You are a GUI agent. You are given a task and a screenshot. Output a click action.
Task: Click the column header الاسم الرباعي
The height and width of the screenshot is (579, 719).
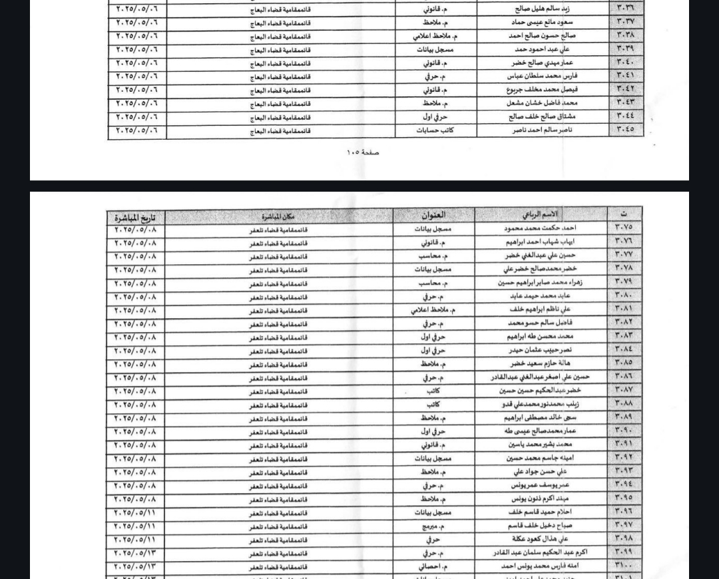coord(541,214)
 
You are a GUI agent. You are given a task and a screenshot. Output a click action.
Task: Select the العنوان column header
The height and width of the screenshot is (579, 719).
coord(433,215)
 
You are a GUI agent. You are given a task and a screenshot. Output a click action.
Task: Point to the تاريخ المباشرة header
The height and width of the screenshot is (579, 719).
coord(135,218)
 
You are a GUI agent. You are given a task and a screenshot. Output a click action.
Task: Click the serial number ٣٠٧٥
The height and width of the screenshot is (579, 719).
coord(624,228)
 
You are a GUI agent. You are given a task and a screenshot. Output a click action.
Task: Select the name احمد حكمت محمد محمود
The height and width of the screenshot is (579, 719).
coord(541,228)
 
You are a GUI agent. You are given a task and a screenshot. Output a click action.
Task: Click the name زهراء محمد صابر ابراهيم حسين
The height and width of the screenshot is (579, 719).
coord(540,282)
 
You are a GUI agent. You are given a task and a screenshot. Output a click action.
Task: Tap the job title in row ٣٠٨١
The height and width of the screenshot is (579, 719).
coord(433,309)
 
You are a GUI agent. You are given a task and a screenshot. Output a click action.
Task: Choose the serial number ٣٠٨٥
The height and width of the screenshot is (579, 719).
coord(624,363)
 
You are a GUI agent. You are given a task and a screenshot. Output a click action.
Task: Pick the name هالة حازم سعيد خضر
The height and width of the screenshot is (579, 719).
coord(540,363)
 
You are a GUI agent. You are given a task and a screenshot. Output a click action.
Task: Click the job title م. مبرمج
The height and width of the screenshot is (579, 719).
coord(433,526)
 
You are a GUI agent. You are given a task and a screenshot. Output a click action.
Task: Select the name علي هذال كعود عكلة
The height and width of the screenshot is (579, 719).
coord(540,539)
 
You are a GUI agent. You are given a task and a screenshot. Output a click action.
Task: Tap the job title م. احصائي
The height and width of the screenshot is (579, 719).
coord(433,566)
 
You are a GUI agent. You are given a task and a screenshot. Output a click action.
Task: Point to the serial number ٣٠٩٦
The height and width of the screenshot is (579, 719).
coord(624,511)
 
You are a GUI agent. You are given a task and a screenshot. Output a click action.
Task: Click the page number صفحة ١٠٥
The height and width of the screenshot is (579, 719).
coord(363,152)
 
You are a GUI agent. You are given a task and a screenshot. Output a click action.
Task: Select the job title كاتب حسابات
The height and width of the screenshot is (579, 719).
coord(435,130)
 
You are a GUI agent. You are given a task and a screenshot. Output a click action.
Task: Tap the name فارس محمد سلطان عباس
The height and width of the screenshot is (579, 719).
coord(540,76)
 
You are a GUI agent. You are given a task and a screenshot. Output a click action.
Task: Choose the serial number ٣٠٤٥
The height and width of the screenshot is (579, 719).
coord(625,129)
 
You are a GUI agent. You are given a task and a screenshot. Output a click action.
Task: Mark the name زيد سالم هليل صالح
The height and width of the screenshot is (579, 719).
coord(542,9)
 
